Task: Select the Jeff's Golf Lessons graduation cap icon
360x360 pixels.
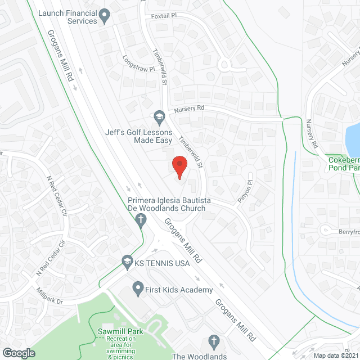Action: pyautogui.click(x=159, y=116)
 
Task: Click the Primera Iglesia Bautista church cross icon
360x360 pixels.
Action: pyautogui.click(x=140, y=217)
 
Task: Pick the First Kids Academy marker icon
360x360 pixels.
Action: pyautogui.click(x=137, y=290)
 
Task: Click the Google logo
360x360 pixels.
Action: pyautogui.click(x=19, y=353)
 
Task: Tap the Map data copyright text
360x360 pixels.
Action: pyautogui.click(x=335, y=355)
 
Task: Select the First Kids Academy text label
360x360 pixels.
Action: pyautogui.click(x=179, y=290)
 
